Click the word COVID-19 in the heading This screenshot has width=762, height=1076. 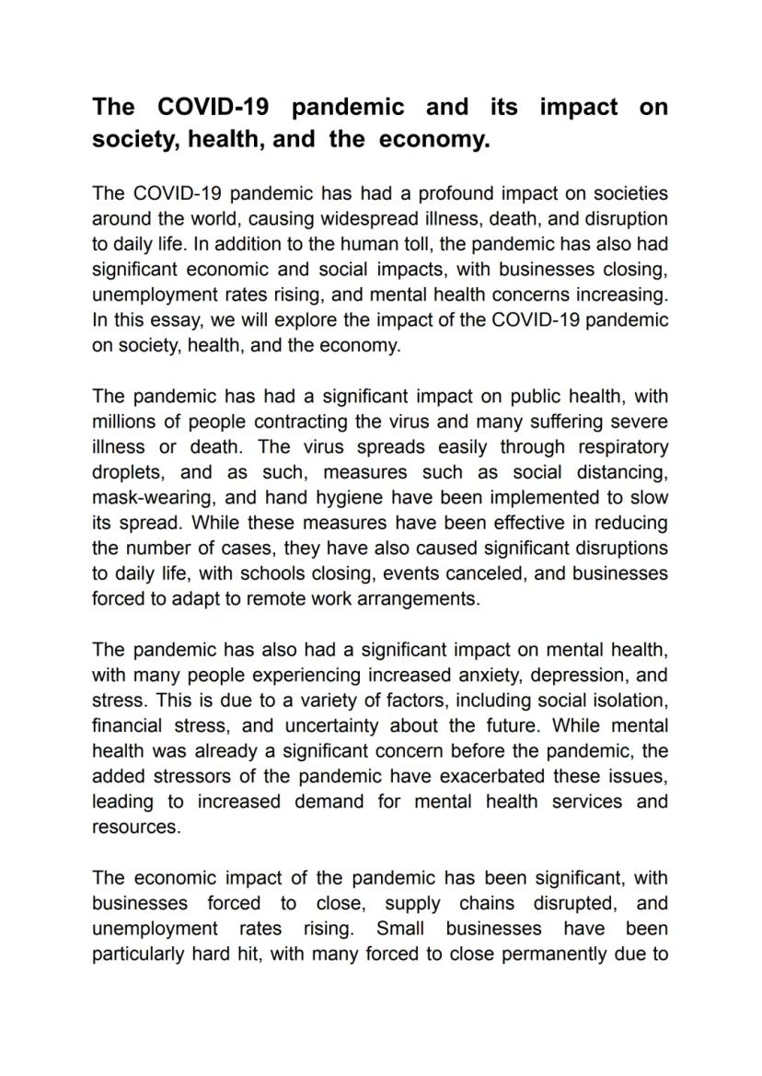214,107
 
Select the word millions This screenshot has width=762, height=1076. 126,422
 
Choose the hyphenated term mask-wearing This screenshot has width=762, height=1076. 148,498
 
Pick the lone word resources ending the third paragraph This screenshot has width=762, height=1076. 135,827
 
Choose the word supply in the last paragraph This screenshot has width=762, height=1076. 411,903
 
